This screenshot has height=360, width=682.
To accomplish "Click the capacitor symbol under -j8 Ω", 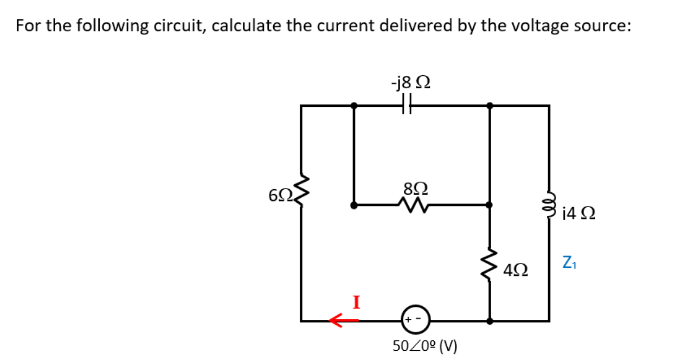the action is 408,106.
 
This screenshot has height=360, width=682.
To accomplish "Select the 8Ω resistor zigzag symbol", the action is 415,204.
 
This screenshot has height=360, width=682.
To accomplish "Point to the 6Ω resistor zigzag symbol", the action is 303,196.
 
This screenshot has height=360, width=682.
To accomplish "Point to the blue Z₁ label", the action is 569,264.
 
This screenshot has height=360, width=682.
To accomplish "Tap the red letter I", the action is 357,301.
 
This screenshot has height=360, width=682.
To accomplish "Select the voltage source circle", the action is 415,320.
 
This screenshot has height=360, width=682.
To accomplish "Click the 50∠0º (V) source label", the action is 424,345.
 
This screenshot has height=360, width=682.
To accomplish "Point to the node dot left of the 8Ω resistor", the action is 354,205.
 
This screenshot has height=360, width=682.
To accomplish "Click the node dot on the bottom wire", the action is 490,320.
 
